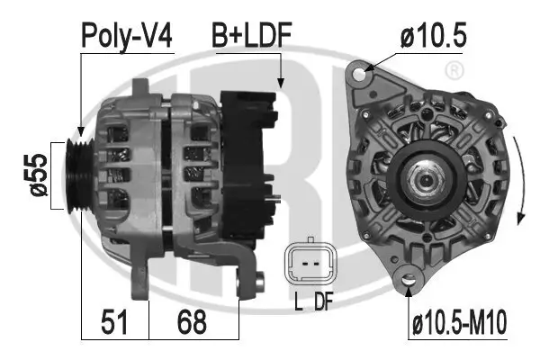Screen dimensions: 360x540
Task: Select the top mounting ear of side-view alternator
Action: [x=141, y=86]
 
